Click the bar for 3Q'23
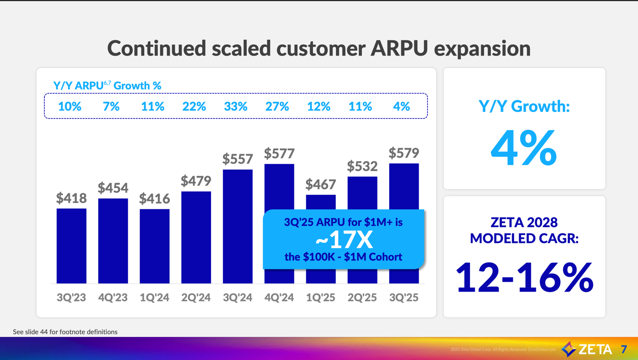click(72, 246)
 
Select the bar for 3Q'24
click(238, 226)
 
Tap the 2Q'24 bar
click(196, 237)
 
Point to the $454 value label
click(113, 188)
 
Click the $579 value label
click(404, 153)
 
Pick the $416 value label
click(155, 199)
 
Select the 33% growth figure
click(235, 106)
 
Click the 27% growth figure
click(277, 106)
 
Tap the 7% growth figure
click(111, 106)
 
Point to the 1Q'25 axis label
click(321, 298)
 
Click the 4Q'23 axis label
click(113, 298)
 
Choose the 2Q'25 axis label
click(362, 298)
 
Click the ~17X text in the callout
click(344, 240)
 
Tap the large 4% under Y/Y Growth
click(524, 148)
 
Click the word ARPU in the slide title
click(399, 48)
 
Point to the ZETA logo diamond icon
click(569, 349)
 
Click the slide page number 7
click(624, 349)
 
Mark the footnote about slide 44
click(65, 332)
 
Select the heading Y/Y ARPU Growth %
click(107, 86)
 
